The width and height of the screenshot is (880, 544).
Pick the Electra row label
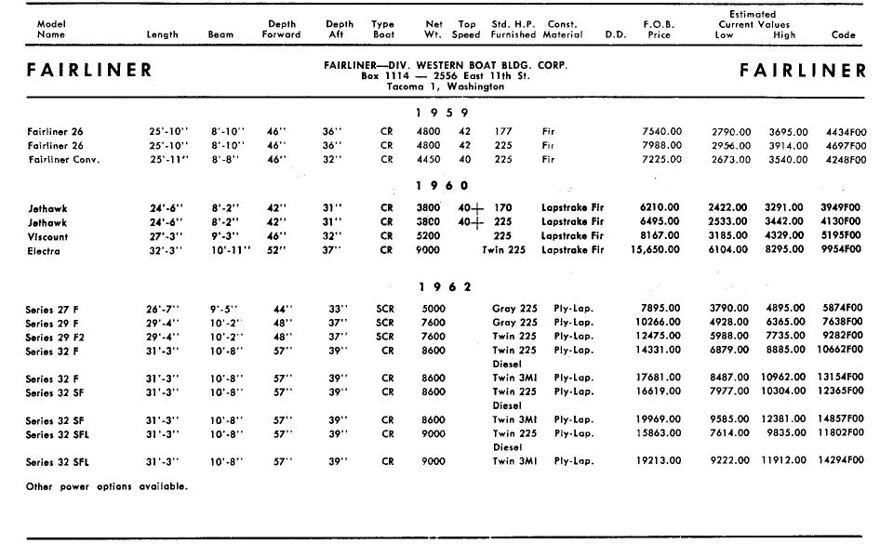click(44, 250)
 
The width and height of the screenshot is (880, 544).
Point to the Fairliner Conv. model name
click(63, 159)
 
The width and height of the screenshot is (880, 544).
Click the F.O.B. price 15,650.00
click(656, 250)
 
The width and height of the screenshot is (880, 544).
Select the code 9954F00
click(845, 250)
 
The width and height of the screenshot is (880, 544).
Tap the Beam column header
click(220, 35)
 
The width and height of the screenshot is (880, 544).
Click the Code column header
click(843, 35)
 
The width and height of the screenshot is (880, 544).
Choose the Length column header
click(163, 35)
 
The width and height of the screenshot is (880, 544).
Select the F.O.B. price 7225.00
click(661, 159)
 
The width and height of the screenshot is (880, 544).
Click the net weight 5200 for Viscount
click(429, 236)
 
